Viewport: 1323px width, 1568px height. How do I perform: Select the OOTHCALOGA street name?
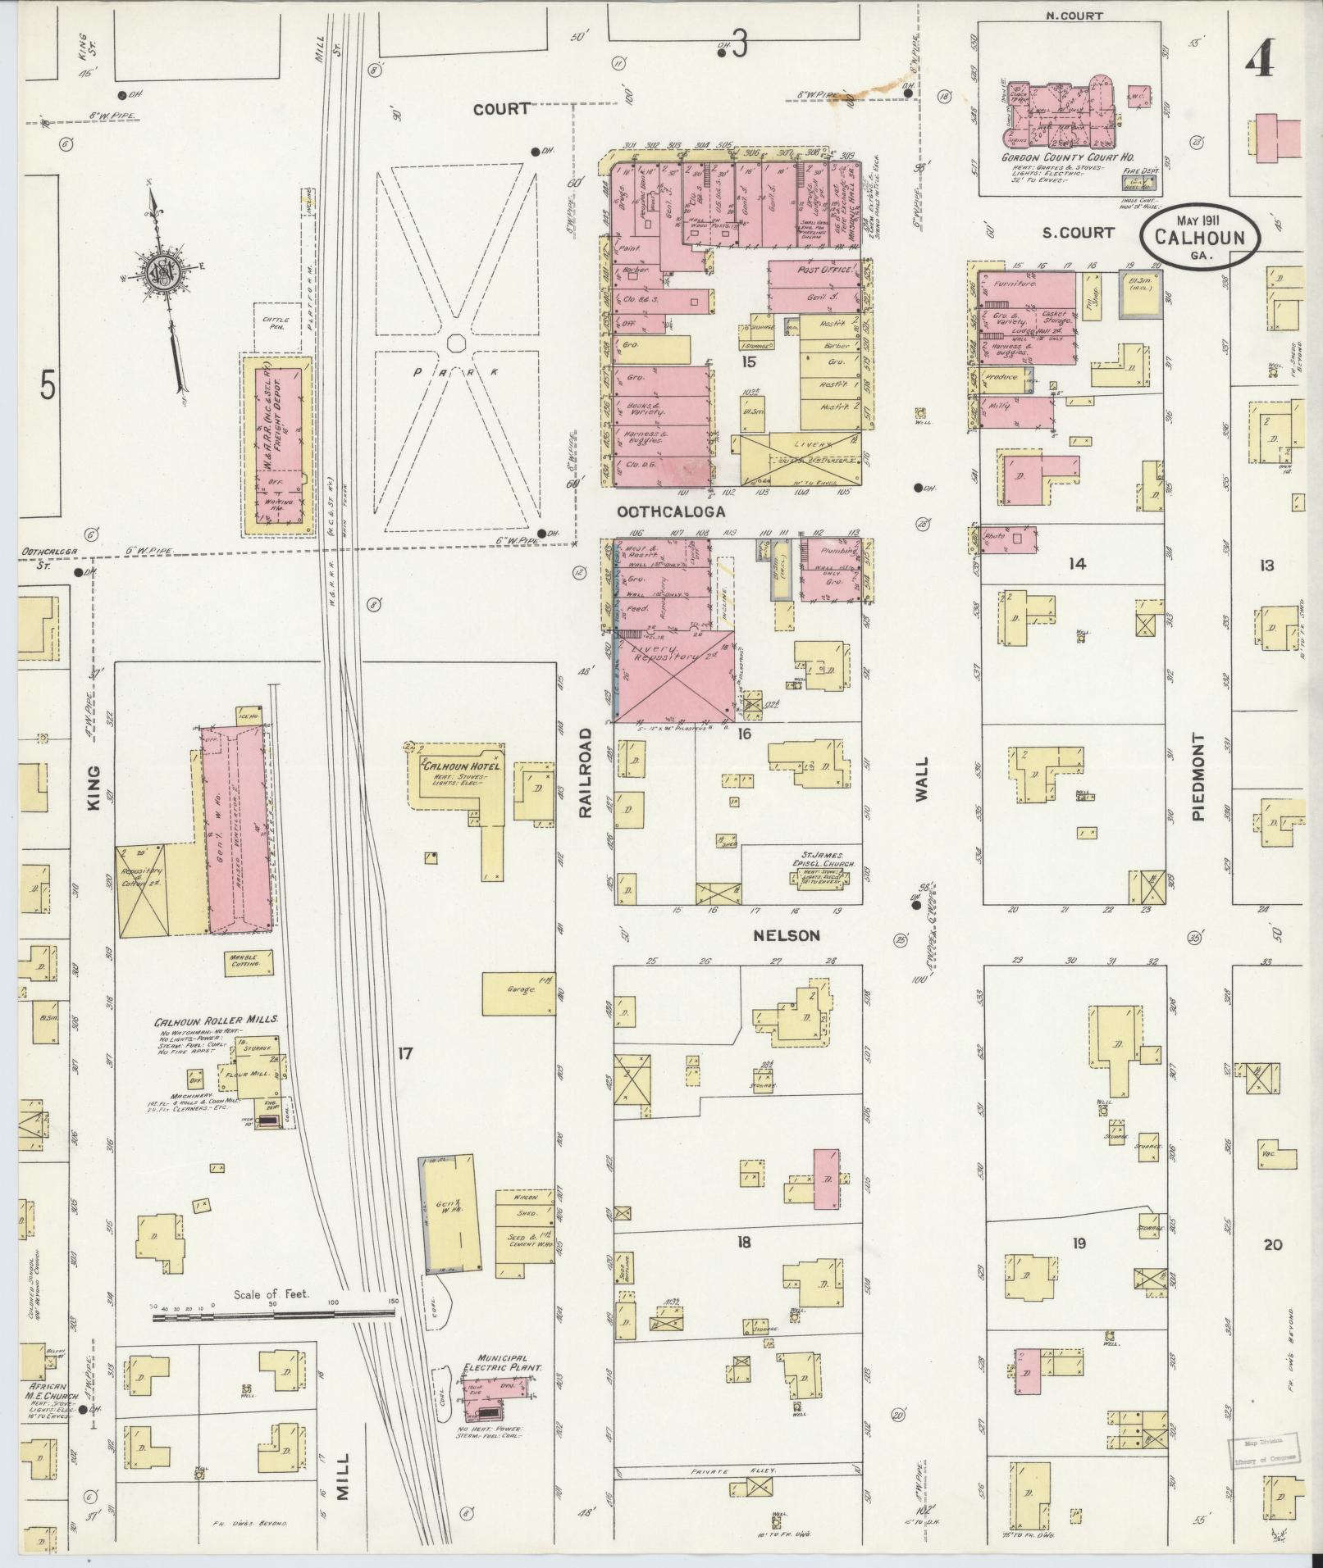click(672, 511)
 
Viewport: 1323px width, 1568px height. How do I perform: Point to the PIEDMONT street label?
click(1198, 777)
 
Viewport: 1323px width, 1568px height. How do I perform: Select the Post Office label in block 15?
click(821, 269)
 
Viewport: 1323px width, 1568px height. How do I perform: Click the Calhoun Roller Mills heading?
click(217, 1021)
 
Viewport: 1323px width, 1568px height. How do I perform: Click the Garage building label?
click(519, 989)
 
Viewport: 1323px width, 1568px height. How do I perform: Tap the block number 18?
click(743, 1265)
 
